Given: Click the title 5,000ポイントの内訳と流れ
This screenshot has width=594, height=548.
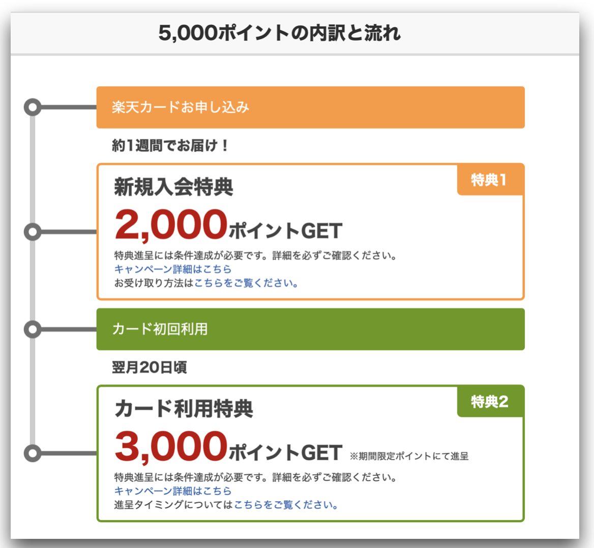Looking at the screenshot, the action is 279,33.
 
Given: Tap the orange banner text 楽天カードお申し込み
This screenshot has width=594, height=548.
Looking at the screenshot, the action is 181,107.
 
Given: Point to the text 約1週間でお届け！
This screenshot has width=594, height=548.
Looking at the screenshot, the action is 170,145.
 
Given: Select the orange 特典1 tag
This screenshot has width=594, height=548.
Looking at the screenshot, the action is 491,180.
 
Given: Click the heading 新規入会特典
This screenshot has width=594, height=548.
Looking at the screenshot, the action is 173,187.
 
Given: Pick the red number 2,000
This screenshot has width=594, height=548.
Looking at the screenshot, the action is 170,225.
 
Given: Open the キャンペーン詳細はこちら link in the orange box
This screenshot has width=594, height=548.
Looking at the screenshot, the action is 173,269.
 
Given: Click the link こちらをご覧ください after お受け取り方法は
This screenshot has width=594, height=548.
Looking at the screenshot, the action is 246,283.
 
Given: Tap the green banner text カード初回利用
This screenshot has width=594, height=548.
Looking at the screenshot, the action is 160,329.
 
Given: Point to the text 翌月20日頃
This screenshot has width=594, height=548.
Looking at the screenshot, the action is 149,368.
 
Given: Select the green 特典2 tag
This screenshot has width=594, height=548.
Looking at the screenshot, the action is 491,402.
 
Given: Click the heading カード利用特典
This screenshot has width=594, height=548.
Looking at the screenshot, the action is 184,409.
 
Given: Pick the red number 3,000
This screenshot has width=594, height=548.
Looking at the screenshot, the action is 170,447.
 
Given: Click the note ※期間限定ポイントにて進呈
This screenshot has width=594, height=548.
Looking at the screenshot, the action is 409,456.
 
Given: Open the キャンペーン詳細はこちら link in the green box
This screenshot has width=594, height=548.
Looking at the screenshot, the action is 173,491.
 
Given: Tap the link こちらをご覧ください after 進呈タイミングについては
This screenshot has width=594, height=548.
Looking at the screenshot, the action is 286,505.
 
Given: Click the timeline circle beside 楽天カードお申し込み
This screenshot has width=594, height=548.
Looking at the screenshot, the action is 33,107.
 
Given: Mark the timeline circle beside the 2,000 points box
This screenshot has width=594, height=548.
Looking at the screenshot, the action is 33,232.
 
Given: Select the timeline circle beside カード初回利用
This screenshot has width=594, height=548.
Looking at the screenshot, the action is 33,329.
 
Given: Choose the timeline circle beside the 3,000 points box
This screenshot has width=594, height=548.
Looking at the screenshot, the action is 33,453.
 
